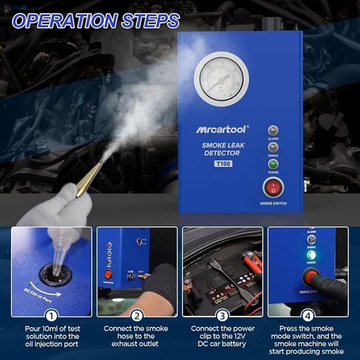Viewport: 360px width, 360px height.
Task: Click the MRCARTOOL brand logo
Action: pyautogui.click(x=221, y=129)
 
